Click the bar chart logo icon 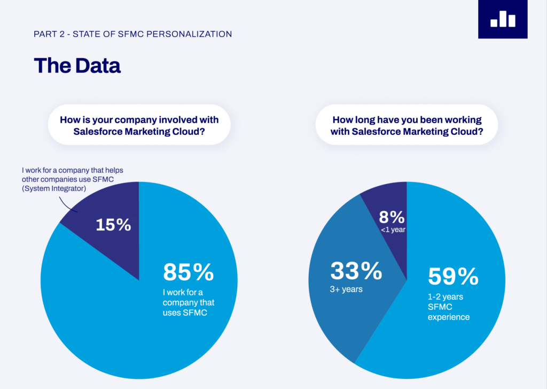(x=503, y=19)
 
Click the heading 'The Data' (x=77, y=65)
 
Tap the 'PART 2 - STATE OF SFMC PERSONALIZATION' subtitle (x=132, y=34)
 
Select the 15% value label (x=113, y=225)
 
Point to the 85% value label (x=188, y=272)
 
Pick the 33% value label (x=356, y=271)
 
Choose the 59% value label (x=453, y=276)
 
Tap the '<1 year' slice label (x=394, y=230)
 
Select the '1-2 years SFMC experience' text (x=449, y=308)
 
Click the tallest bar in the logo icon (x=503, y=18)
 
